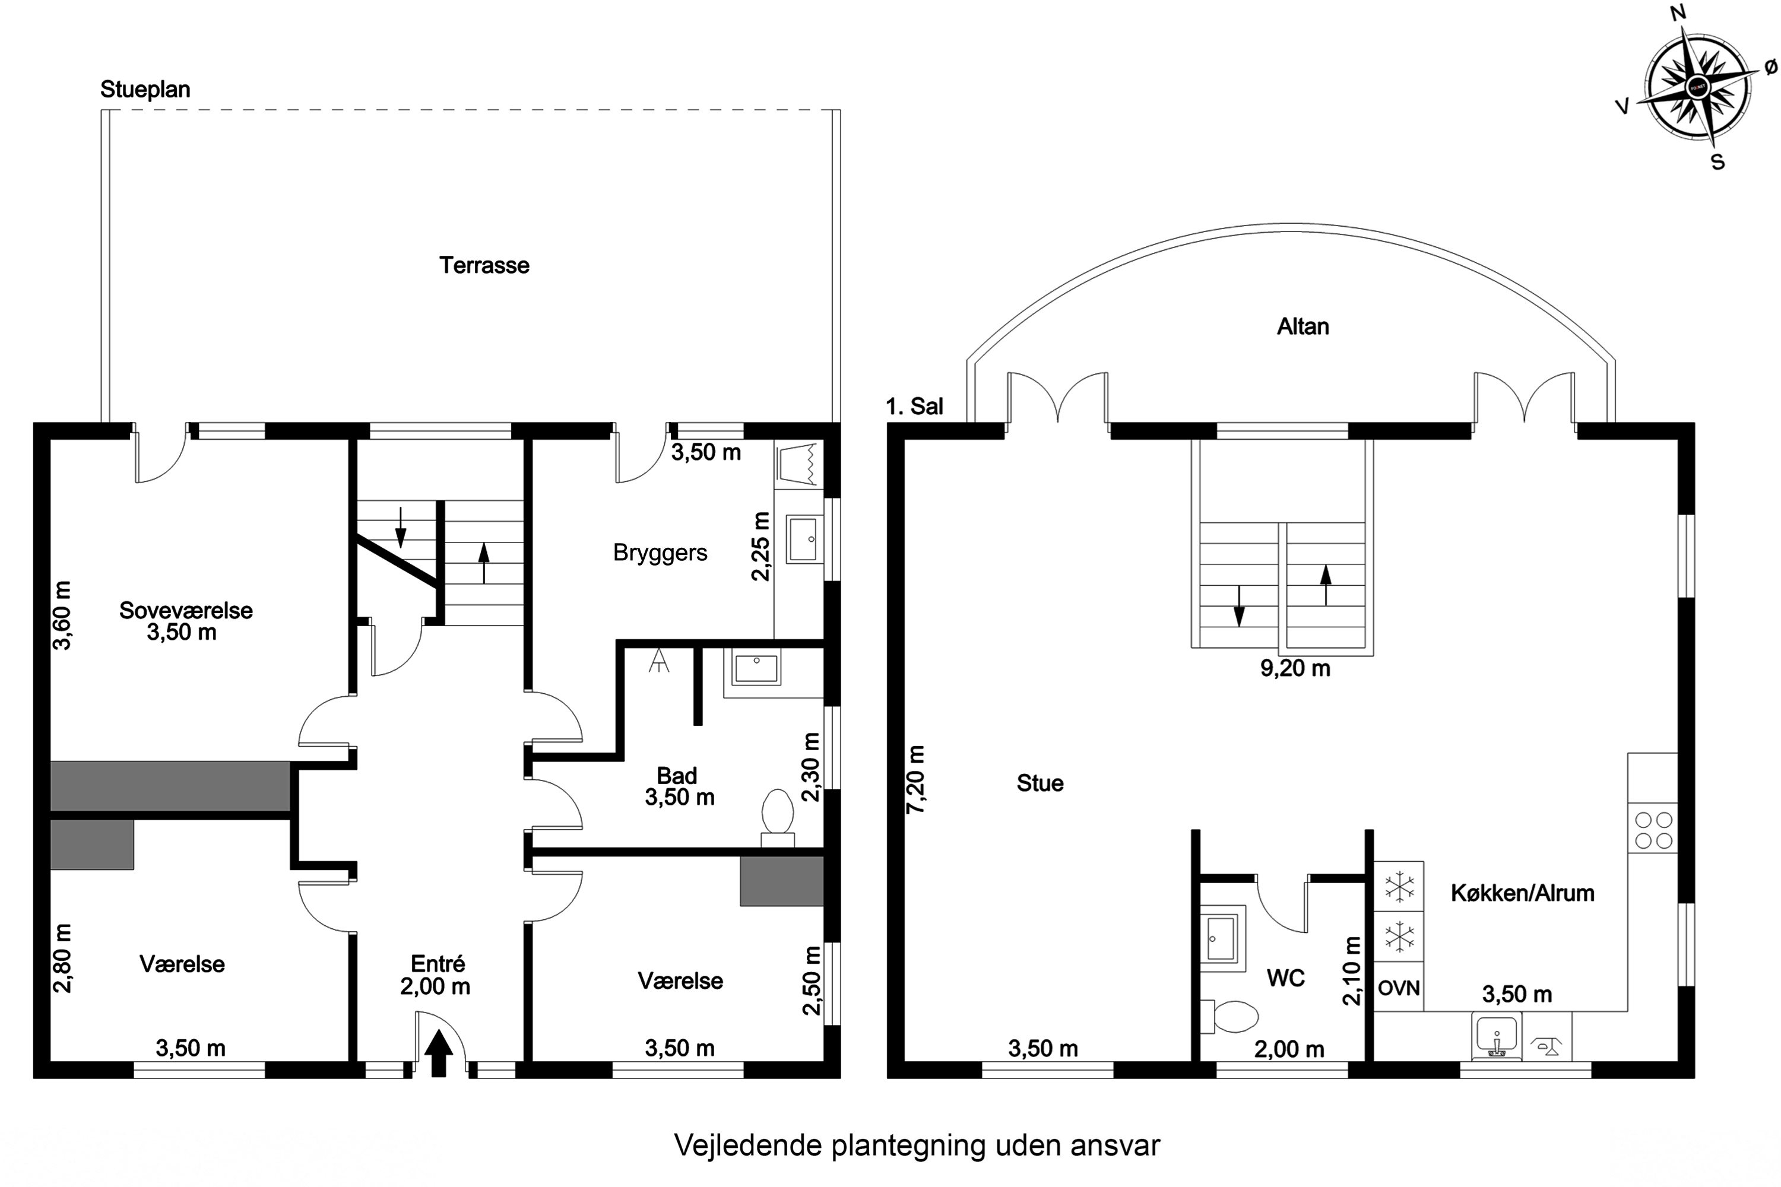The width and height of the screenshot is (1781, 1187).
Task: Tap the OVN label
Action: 1399,988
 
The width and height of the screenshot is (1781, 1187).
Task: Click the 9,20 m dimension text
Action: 1295,668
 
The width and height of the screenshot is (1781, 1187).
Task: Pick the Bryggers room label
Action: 660,553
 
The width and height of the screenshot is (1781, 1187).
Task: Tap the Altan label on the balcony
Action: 1303,326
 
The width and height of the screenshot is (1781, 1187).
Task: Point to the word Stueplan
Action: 145,90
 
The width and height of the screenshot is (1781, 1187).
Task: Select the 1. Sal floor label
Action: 915,407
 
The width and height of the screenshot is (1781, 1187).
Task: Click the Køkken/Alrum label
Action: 1523,893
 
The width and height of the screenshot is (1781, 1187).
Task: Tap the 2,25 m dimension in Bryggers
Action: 761,546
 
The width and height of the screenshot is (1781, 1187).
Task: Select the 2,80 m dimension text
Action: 62,958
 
